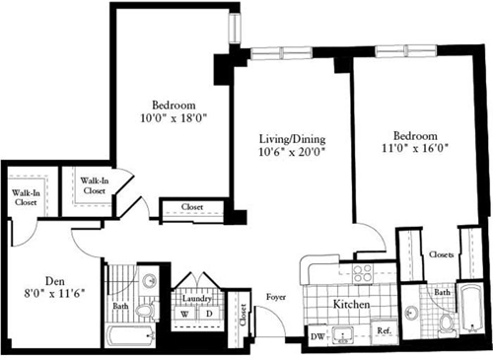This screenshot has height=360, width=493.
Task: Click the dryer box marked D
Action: [209, 315]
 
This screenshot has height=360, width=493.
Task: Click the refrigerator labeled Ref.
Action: [385, 331]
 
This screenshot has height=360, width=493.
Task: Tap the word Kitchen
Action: [350, 307]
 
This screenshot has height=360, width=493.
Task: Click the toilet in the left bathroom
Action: [145, 312]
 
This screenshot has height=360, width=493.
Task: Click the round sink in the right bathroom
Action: [412, 314]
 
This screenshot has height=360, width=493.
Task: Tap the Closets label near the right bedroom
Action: [442, 254]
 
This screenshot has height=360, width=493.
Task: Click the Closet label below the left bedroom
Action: [193, 208]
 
